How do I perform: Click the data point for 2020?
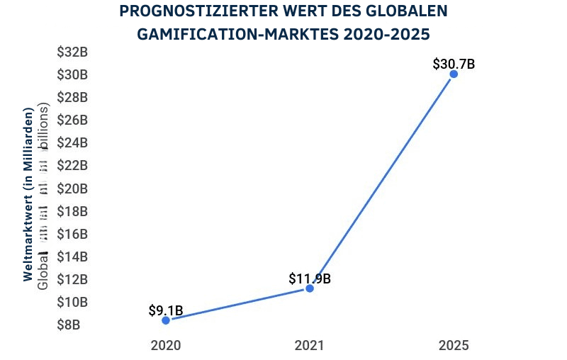tap(166, 320)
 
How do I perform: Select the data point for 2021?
tap(310, 288)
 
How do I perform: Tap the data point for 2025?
tap(454, 74)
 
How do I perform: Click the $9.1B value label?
tap(166, 310)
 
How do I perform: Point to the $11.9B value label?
tap(310, 279)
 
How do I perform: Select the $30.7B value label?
tap(454, 64)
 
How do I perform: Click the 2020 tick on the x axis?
tap(166, 346)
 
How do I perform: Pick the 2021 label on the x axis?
tap(310, 346)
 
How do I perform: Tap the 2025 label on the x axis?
tap(454, 346)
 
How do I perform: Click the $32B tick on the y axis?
tap(72, 52)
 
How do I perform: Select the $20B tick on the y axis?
tap(72, 189)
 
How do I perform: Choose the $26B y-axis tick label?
tap(72, 120)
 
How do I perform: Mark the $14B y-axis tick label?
tap(72, 257)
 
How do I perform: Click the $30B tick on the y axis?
tap(72, 74)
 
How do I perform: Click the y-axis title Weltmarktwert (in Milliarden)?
tap(28, 195)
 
